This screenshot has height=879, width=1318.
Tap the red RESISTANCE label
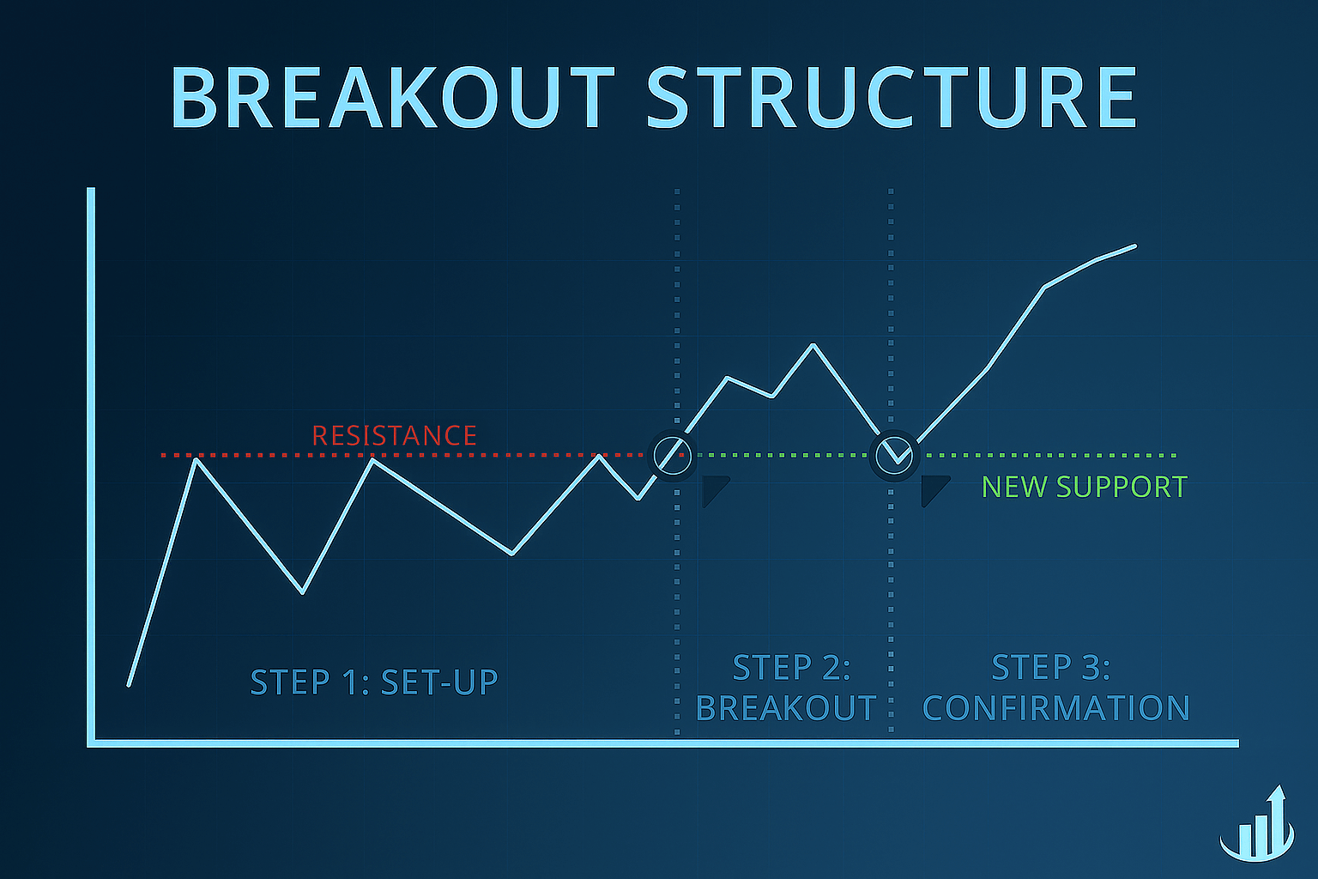click(394, 435)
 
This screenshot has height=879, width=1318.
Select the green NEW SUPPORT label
click(1084, 487)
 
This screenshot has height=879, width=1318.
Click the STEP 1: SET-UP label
click(374, 682)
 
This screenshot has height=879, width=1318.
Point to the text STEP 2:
click(791, 667)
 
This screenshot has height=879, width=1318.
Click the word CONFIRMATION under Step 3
click(1055, 708)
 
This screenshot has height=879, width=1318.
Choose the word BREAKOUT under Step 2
click(786, 708)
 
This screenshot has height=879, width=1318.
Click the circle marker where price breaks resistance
click(672, 454)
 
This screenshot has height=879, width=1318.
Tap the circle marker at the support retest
click(895, 455)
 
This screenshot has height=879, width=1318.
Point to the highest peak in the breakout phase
click(813, 345)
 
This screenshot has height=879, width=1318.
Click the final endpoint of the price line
click(1135, 246)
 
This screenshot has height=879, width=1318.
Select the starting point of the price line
click(129, 685)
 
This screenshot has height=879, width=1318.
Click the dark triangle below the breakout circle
click(713, 490)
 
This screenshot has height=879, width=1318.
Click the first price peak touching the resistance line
click(196, 459)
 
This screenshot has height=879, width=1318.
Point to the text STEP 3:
click(1050, 667)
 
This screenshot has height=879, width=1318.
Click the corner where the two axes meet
click(91, 743)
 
